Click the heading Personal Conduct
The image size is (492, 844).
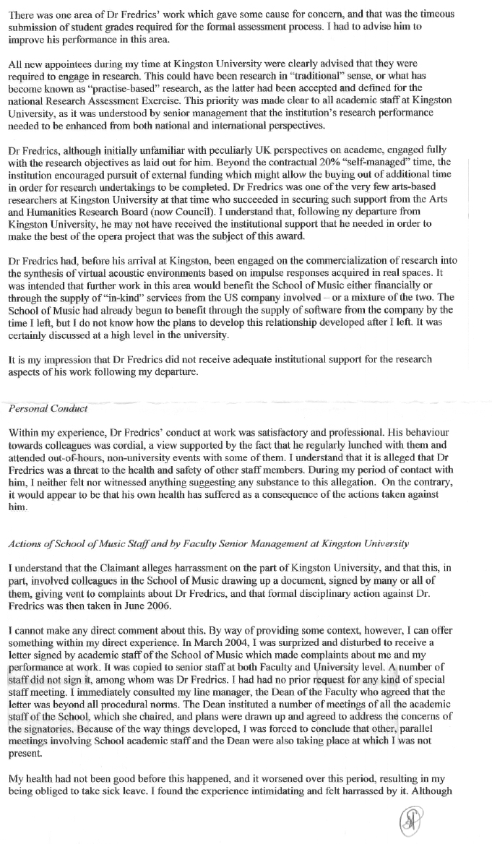pos(48,408)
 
